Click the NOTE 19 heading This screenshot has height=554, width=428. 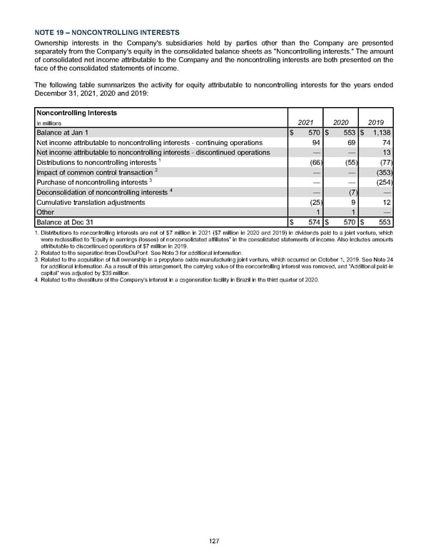(107, 33)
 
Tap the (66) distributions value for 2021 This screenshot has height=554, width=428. (310, 162)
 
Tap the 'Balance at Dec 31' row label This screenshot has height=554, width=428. (65, 222)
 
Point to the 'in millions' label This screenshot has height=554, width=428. (51, 124)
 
